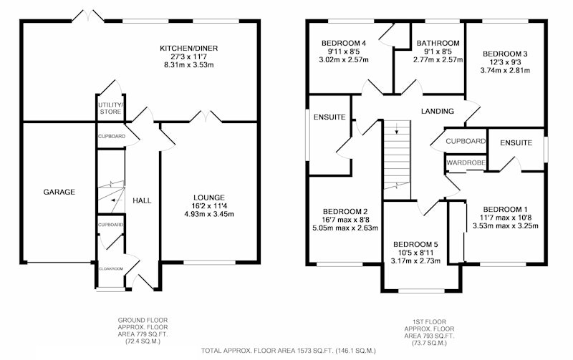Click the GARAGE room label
tap(59, 192)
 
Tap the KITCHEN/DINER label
tap(189, 48)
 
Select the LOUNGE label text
tap(209, 198)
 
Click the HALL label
tap(142, 200)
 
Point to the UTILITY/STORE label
tap(111, 109)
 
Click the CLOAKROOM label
tap(111, 268)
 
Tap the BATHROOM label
tap(438, 43)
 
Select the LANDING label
tap(438, 111)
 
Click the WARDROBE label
tap(466, 163)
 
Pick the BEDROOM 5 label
tap(415, 244)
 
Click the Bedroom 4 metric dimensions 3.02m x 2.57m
tap(344, 59)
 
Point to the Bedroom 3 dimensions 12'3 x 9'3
tap(505, 62)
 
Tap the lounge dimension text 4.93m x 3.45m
tap(209, 214)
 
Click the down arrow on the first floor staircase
tap(397, 129)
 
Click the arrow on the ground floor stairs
tap(115, 200)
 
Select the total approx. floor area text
tap(289, 351)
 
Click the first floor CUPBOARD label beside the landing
tap(466, 141)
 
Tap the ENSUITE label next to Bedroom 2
tap(329, 117)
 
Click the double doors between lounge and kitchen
tap(206, 117)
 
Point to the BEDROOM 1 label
tap(506, 209)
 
